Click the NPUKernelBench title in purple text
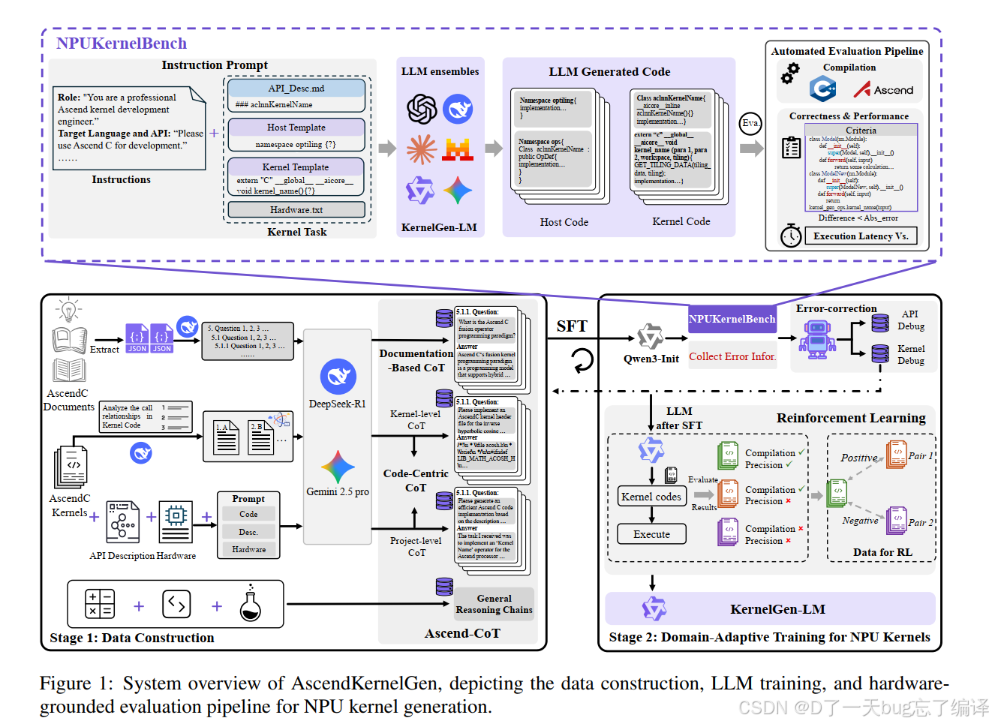[x=122, y=44]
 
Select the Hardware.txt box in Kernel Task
[x=296, y=210]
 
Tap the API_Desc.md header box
[x=296, y=89]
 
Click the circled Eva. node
[x=750, y=123]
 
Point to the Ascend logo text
[x=893, y=90]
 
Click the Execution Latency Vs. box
[x=861, y=236]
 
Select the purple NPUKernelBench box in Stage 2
[x=732, y=319]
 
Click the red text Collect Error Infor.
[x=732, y=356]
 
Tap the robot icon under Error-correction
[x=817, y=337]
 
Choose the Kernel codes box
[x=651, y=497]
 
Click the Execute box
[x=651, y=534]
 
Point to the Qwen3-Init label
[x=651, y=359]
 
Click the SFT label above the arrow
[x=572, y=326]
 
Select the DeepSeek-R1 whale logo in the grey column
[x=338, y=377]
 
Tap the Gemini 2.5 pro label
[x=338, y=491]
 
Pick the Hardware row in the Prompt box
[x=249, y=549]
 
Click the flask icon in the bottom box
[x=251, y=605]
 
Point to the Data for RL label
[x=882, y=552]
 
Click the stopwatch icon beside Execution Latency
[x=791, y=236]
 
